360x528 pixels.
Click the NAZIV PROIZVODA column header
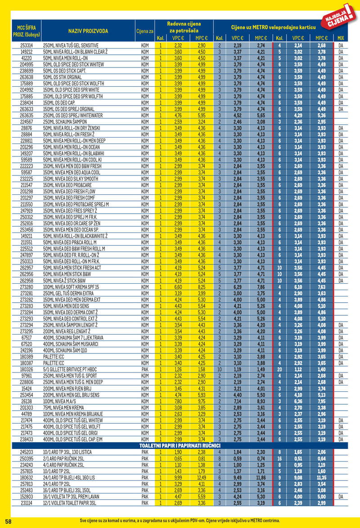(x=88, y=31)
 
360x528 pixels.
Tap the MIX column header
(x=341, y=38)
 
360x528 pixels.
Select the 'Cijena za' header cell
(x=145, y=31)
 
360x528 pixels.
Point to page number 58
(x=8, y=520)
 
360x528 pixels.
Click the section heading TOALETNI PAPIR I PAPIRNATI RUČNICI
(x=180, y=445)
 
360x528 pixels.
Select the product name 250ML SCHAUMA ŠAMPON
(x=66, y=121)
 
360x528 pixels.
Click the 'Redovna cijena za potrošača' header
(x=184, y=27)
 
